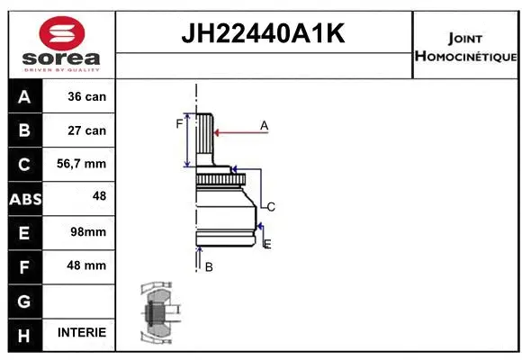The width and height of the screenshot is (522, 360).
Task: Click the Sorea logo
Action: (61, 43)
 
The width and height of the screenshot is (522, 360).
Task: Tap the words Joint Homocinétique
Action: (465, 47)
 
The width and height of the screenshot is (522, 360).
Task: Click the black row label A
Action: (24, 96)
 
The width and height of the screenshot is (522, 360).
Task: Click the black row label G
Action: (24, 300)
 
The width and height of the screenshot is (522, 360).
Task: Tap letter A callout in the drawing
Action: (264, 126)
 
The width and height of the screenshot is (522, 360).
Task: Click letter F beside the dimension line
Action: (178, 124)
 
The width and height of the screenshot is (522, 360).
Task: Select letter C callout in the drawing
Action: (270, 207)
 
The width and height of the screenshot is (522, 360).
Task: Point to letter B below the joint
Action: (209, 267)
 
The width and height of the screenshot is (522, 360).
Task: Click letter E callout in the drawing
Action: (267, 244)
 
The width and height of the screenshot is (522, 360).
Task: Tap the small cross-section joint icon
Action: (157, 315)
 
